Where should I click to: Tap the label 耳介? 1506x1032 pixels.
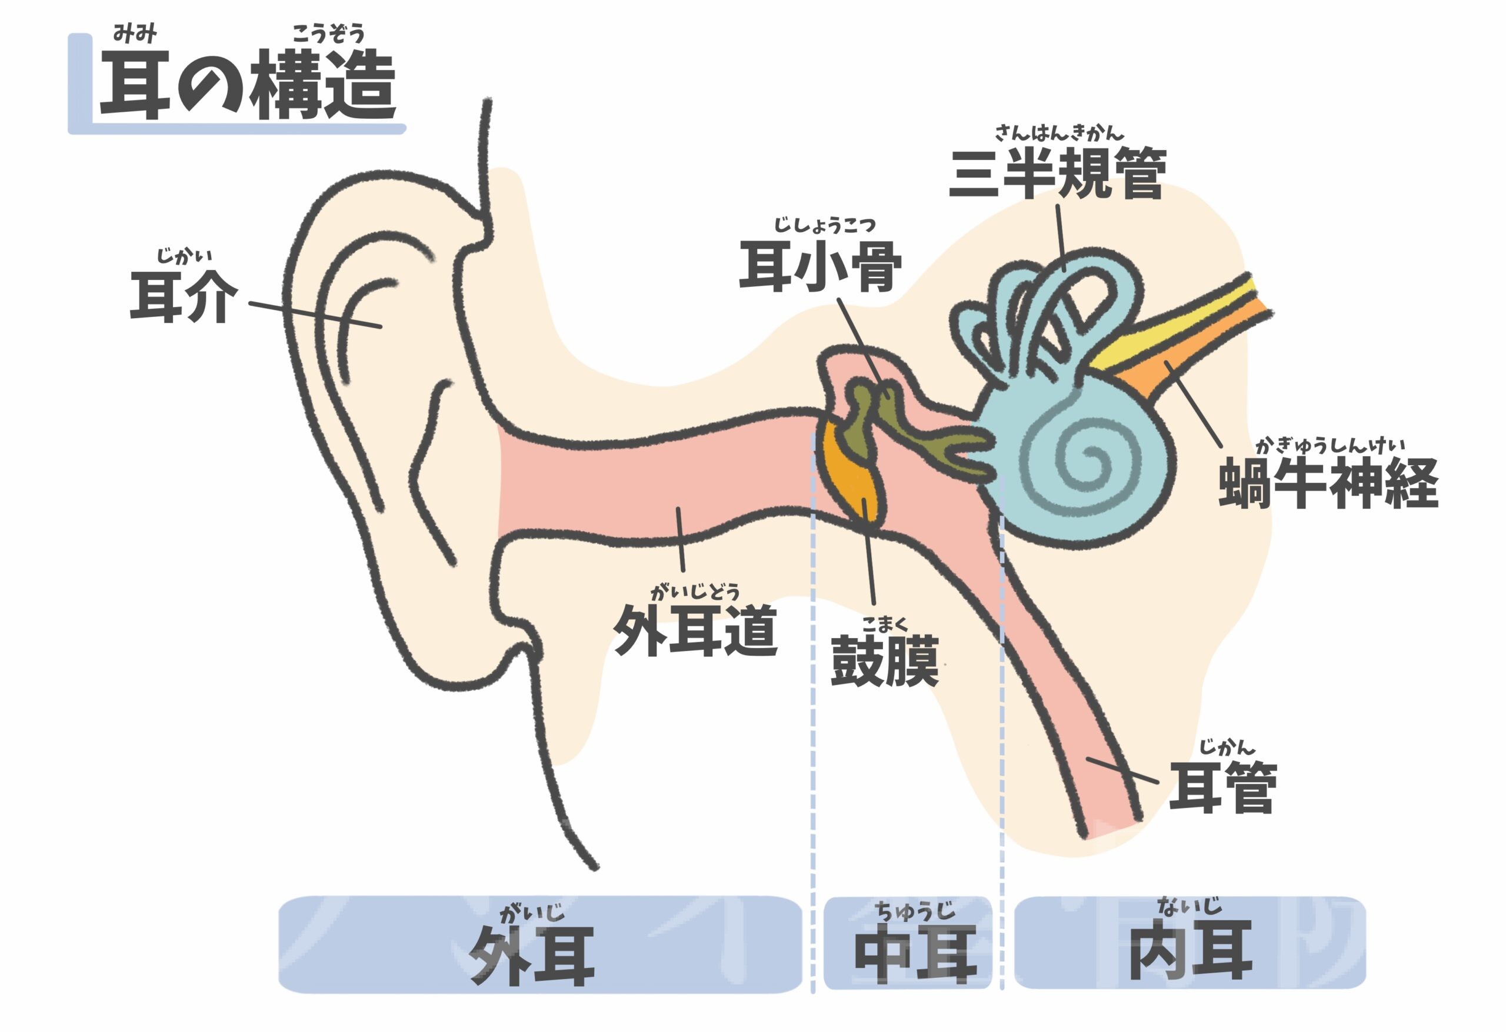click(x=184, y=298)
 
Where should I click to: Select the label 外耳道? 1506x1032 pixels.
click(x=695, y=630)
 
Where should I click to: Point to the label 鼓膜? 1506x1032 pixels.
click(x=885, y=661)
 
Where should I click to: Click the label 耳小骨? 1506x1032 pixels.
click(x=821, y=266)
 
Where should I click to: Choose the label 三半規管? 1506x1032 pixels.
click(x=1058, y=173)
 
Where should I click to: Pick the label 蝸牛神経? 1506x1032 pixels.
click(x=1328, y=483)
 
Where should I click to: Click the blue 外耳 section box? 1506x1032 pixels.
click(x=541, y=944)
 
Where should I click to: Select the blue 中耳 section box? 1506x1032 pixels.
click(x=907, y=943)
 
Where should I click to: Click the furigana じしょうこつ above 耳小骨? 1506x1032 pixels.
click(x=824, y=225)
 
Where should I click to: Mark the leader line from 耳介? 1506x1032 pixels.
click(x=315, y=315)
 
